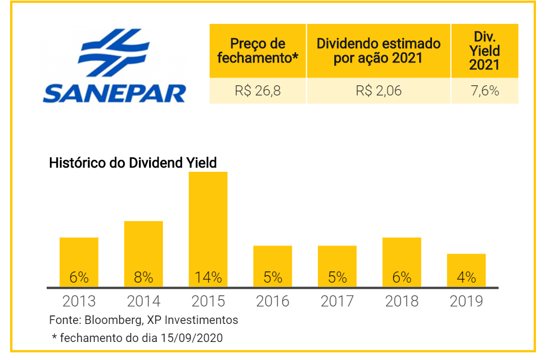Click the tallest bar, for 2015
[x=208, y=229]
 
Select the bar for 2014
[x=143, y=254]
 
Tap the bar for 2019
[x=466, y=270]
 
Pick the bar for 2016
[x=273, y=266]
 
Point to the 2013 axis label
[x=79, y=301]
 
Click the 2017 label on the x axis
[x=337, y=301]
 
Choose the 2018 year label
[x=402, y=301]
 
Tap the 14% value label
[x=208, y=277]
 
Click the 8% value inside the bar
[x=143, y=277]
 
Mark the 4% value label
[x=466, y=277]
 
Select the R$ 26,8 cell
[x=257, y=91]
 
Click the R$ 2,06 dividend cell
[x=378, y=91]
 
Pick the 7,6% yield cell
[x=485, y=91]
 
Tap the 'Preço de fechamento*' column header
[x=257, y=51]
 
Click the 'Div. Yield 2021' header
[x=485, y=51]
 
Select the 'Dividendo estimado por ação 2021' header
[x=378, y=51]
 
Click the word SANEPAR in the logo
[x=114, y=94]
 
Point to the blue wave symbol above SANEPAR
[x=114, y=52]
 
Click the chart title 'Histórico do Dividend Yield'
[x=133, y=163]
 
